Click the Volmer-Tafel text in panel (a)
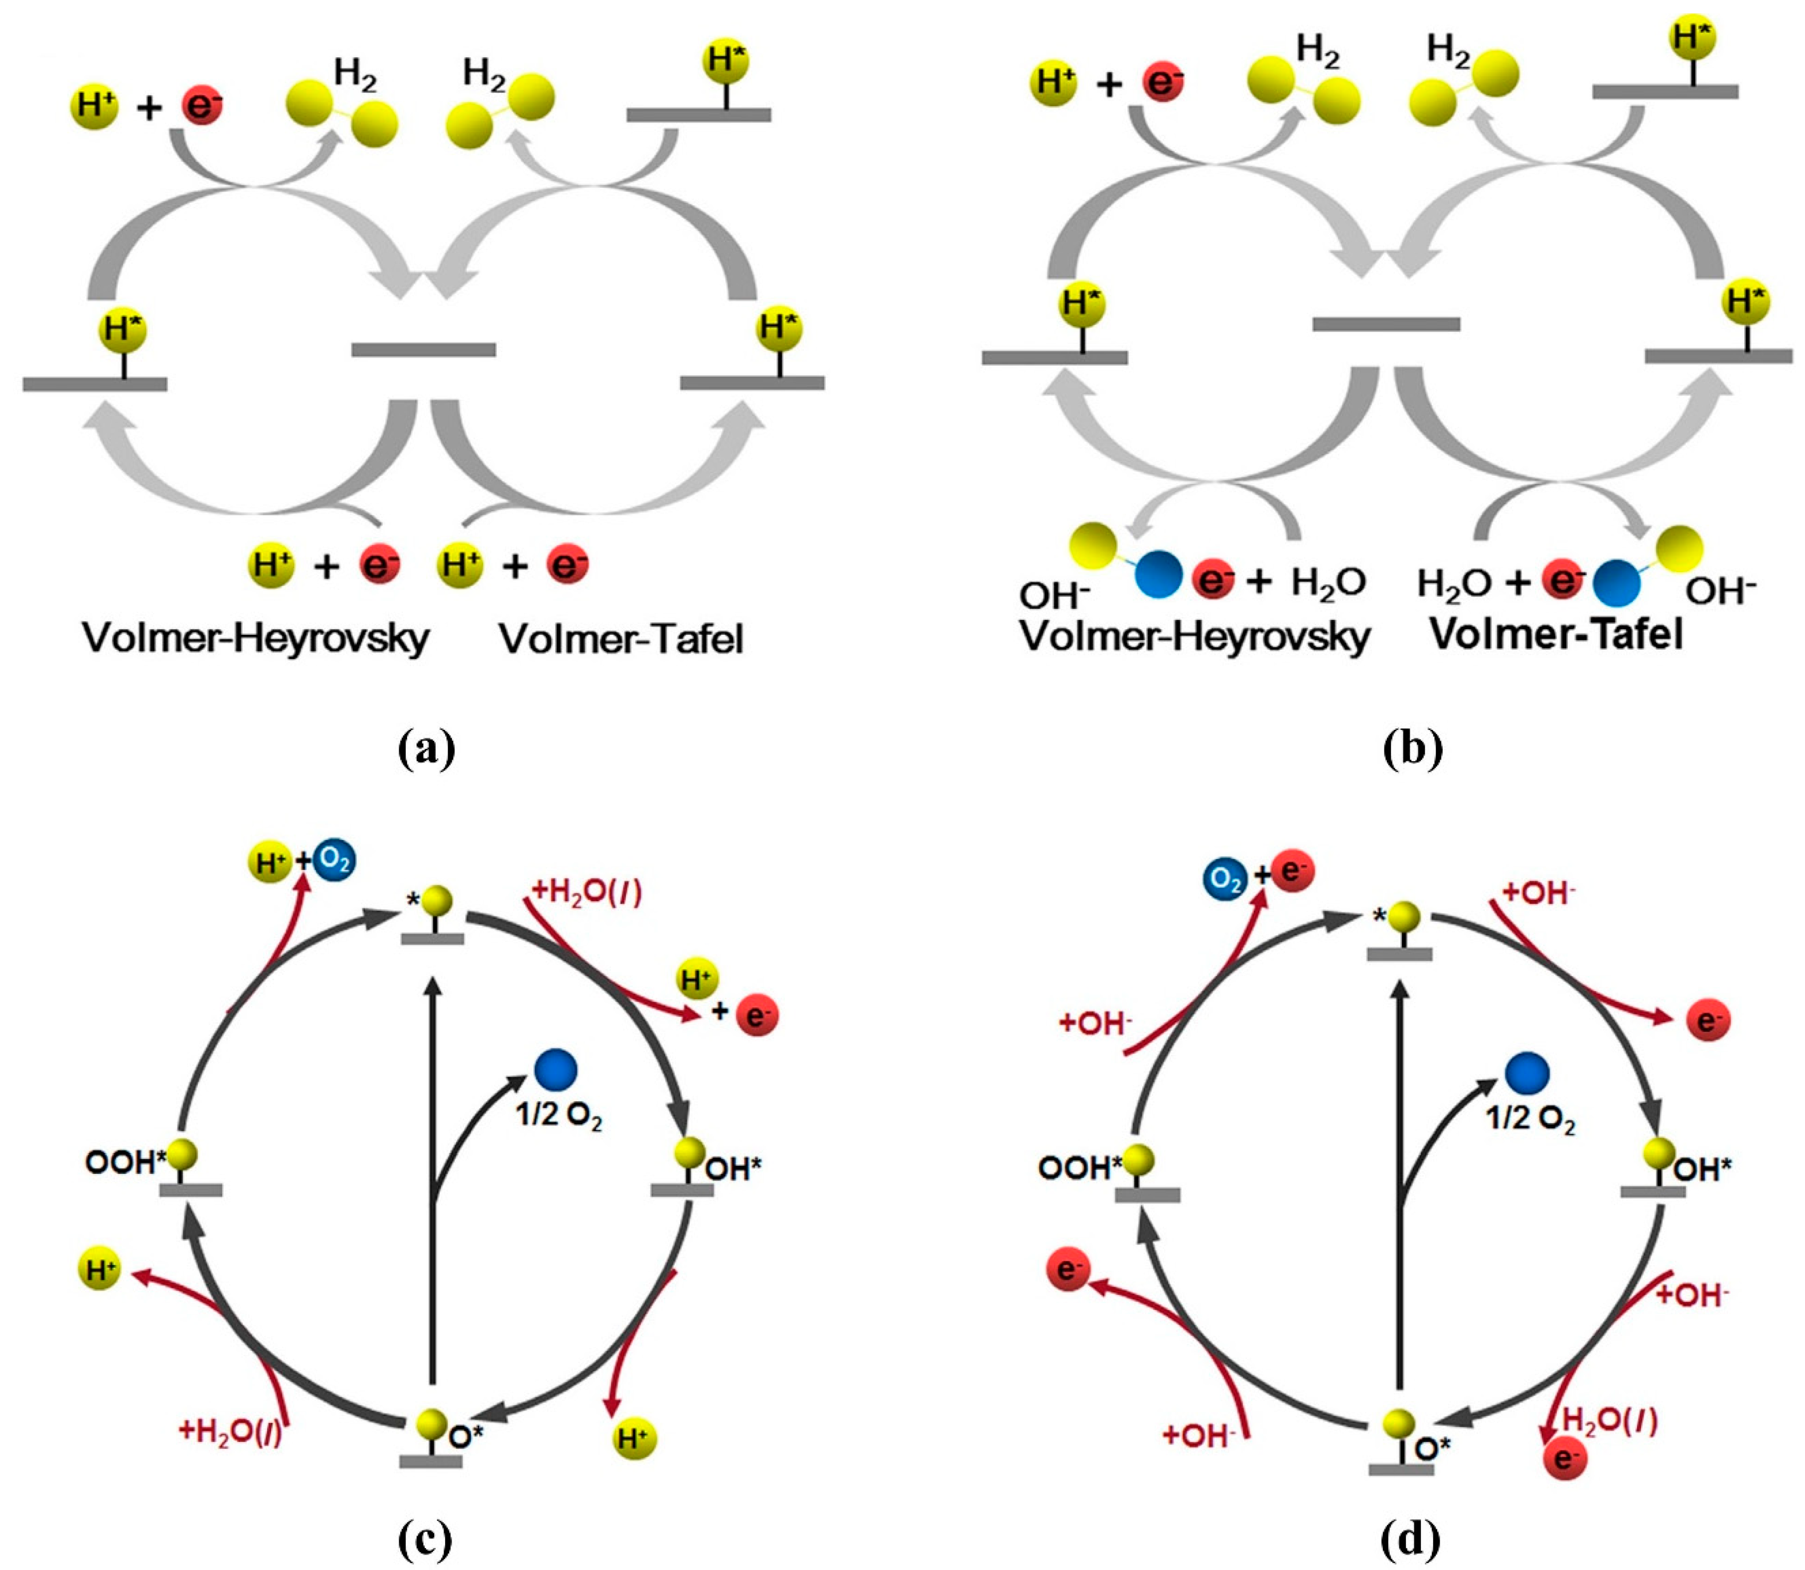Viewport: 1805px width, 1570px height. (x=621, y=639)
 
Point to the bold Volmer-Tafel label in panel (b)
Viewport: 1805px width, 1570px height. (x=1556, y=633)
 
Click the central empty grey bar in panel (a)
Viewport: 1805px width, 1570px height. (x=423, y=350)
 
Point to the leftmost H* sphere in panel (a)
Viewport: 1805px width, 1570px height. (x=122, y=330)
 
